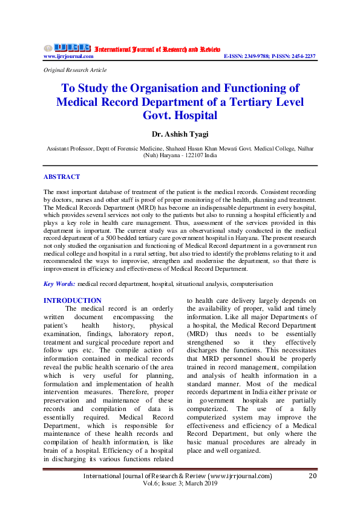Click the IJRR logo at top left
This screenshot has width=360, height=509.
[67, 47]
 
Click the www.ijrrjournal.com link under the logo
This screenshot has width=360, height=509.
[68, 56]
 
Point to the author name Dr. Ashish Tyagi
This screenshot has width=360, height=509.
[180, 134]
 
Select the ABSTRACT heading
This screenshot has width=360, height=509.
[61, 177]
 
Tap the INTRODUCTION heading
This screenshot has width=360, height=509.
[73, 300]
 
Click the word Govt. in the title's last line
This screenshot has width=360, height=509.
[159, 115]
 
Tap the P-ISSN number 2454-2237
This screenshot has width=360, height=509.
[302, 56]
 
